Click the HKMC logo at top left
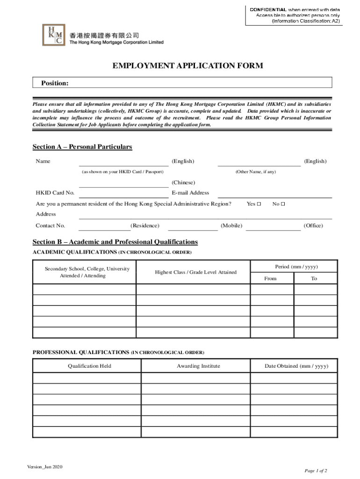[x=54, y=35]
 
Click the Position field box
[x=182, y=83]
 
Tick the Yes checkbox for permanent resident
[x=259, y=204]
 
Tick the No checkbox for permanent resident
[x=283, y=204]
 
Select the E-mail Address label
[x=190, y=193]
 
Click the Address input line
[x=205, y=215]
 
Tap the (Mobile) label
[x=231, y=226]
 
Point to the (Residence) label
[x=145, y=226]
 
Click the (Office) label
[x=313, y=226]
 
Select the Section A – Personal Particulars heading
[x=82, y=147]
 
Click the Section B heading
[x=115, y=242]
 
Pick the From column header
[x=270, y=278]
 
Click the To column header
[x=314, y=278]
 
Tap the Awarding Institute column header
[x=198, y=366]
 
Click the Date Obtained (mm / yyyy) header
[x=296, y=366]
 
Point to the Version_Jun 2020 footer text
[x=45, y=467]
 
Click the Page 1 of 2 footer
[x=316, y=471]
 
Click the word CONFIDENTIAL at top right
[x=268, y=9]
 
